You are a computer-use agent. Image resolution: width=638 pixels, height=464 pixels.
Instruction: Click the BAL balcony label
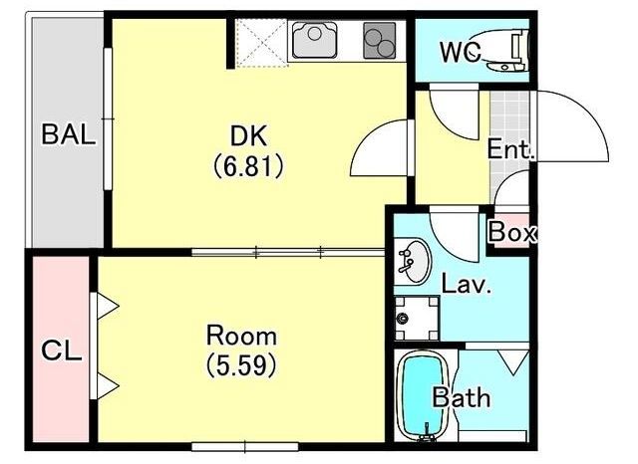click(69, 134)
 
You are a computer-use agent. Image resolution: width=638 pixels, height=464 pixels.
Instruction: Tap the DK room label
click(248, 135)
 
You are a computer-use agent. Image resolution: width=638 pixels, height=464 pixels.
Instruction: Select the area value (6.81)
click(248, 166)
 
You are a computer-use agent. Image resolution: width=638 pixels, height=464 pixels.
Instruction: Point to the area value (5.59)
click(241, 364)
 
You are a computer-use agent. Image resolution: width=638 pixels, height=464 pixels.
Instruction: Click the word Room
click(241, 336)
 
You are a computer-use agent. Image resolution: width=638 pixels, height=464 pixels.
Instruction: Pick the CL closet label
click(62, 351)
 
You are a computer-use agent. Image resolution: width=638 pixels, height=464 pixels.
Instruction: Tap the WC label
click(461, 52)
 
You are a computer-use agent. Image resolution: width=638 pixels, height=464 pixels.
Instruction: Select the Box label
click(512, 233)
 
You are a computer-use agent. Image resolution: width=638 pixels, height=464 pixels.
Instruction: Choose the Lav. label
click(467, 284)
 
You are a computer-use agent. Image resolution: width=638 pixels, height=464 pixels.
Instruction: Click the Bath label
click(461, 397)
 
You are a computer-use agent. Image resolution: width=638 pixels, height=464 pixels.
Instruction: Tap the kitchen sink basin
click(315, 40)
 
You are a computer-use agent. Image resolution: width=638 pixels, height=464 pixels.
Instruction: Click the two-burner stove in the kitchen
click(379, 41)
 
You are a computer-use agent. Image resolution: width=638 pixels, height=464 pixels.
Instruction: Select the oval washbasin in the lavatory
click(412, 262)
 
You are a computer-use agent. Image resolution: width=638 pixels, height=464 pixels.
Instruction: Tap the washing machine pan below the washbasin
click(417, 319)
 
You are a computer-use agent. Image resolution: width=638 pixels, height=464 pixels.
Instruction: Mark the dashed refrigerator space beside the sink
click(261, 42)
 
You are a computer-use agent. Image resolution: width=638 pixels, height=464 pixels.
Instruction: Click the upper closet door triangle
click(108, 306)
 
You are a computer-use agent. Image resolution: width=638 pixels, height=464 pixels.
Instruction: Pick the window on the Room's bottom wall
click(245, 447)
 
